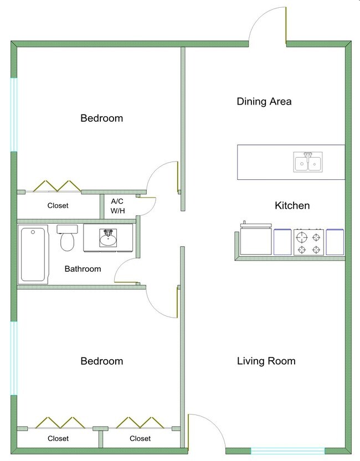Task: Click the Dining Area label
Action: coord(264,101)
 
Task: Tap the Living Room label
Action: coord(266,361)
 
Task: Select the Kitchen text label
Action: coord(292,206)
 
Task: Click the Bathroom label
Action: coord(83,269)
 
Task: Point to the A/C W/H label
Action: coord(117,206)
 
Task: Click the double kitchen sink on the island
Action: coord(308,163)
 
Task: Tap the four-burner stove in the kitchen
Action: coord(308,242)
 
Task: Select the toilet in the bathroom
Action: coord(68,238)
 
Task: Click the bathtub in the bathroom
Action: coord(33,255)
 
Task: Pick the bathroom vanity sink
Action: coord(108,239)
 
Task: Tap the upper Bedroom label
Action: coord(101,118)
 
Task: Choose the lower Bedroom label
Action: coord(101,361)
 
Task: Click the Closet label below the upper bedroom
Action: coord(58,205)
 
